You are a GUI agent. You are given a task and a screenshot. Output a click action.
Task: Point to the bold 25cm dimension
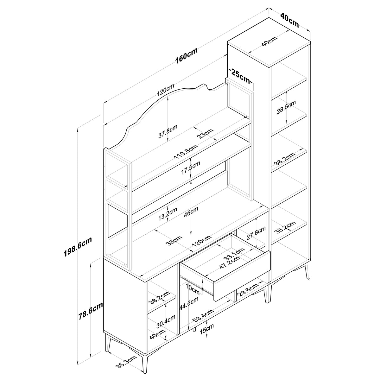point(240,76)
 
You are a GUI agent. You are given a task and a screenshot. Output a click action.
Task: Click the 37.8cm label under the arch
point(168,131)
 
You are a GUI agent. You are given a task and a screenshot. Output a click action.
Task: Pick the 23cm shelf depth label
point(205,134)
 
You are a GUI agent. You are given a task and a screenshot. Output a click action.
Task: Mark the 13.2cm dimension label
point(168,214)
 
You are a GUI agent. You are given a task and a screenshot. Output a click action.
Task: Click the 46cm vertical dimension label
point(191,212)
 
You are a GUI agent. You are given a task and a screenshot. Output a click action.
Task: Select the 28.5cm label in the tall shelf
point(286,107)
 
